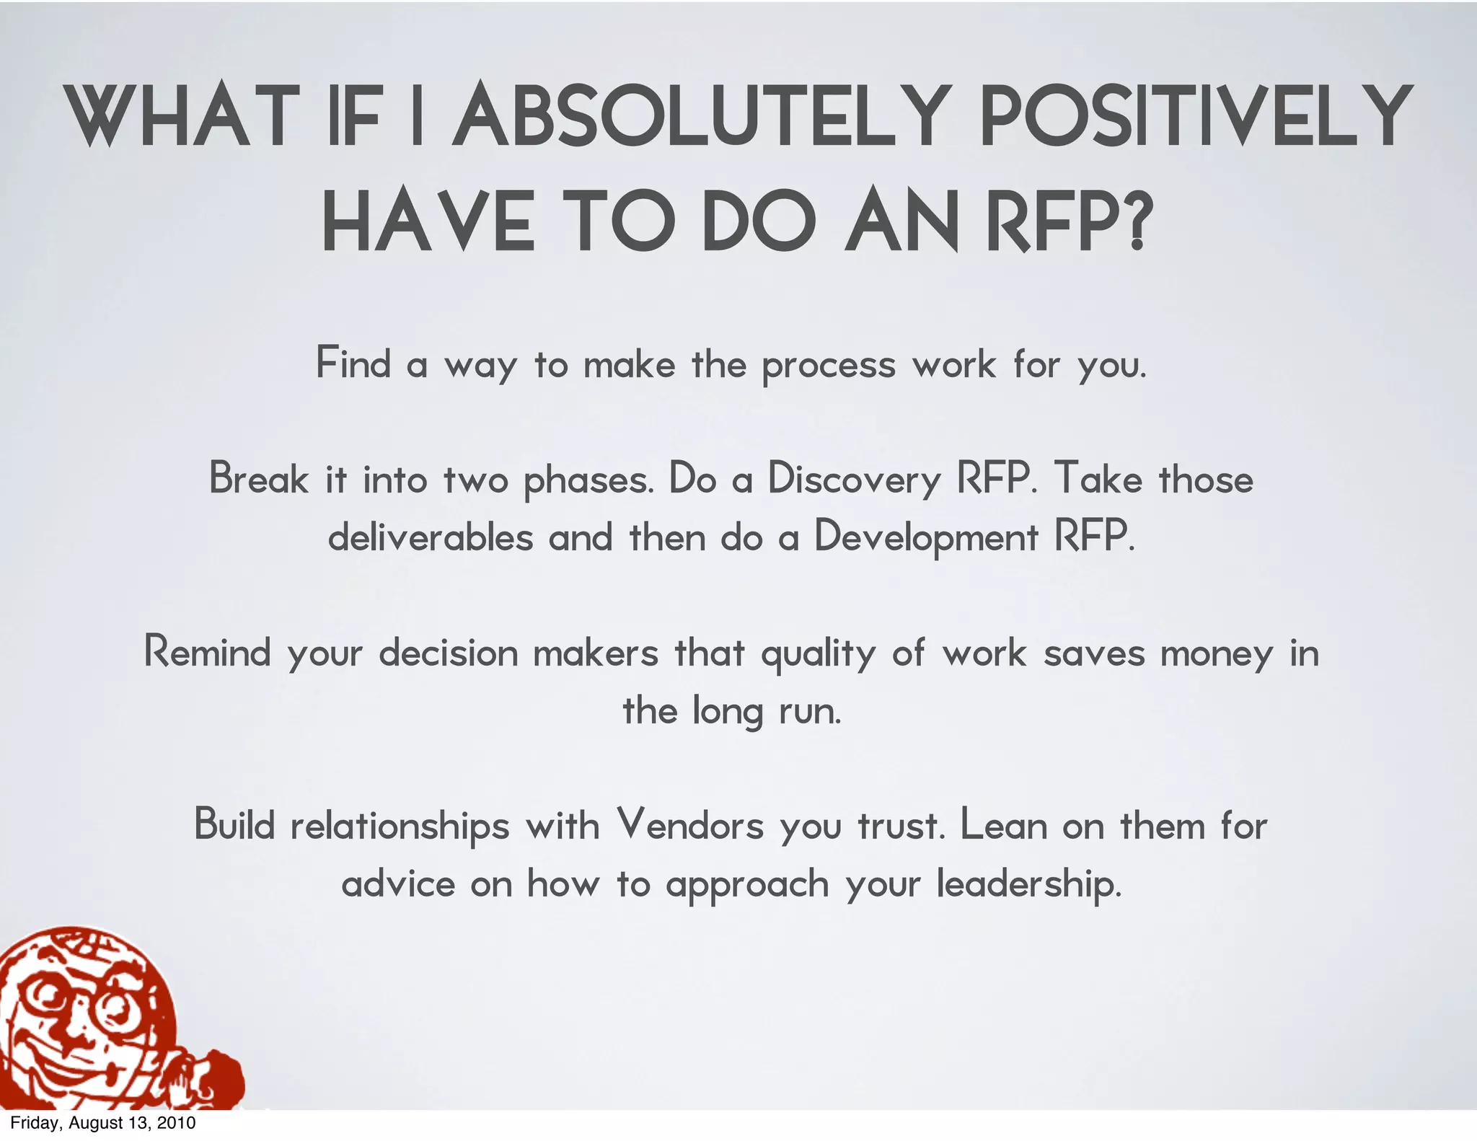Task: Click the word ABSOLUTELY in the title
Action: (698, 115)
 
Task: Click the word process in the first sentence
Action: (829, 366)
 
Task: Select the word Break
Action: (258, 479)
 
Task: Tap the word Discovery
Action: (854, 479)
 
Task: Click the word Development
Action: (926, 538)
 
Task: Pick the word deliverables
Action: (431, 537)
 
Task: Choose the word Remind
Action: (207, 652)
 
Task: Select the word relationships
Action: (400, 827)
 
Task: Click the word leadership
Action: (1029, 884)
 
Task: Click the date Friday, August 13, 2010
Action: (102, 1123)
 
